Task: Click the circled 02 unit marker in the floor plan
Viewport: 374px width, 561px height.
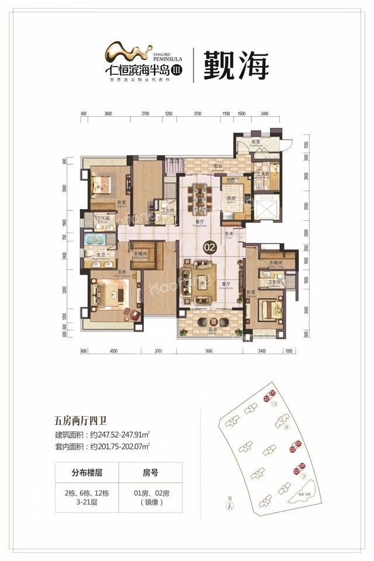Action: [209, 248]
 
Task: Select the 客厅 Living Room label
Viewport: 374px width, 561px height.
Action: [223, 285]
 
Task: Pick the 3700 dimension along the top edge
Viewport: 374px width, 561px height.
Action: [198, 114]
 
